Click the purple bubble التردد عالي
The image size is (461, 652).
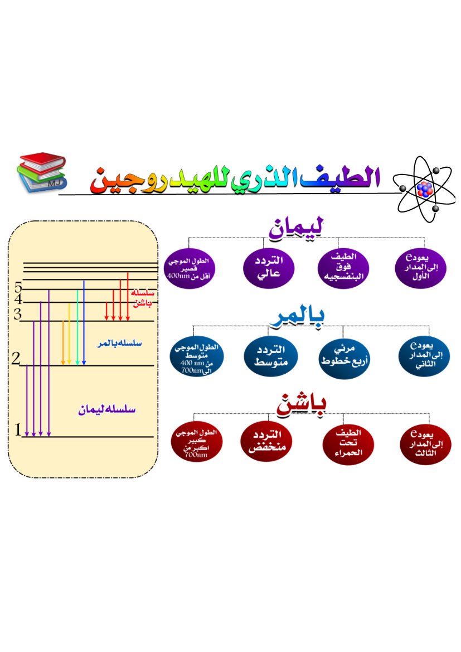(x=268, y=266)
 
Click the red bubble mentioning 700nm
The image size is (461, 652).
(x=196, y=445)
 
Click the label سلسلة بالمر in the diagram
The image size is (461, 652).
(x=119, y=344)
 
